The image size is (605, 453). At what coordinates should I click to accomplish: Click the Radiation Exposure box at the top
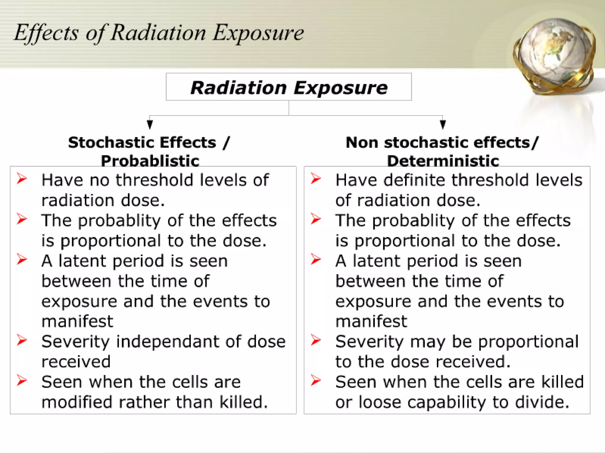click(289, 87)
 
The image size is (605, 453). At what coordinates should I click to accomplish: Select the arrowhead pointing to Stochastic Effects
click(150, 124)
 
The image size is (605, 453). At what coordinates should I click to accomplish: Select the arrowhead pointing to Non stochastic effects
click(443, 124)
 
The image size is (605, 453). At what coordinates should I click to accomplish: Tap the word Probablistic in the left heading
click(150, 161)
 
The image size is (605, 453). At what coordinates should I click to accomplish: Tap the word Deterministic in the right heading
click(443, 161)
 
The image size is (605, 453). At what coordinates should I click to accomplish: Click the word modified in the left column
click(77, 402)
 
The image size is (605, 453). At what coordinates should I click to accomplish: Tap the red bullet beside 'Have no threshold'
click(22, 178)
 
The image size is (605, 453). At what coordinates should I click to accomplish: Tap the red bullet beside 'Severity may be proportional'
click(316, 340)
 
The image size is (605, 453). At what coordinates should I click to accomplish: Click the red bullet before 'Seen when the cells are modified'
click(22, 380)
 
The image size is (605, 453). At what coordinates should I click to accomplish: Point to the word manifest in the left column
click(77, 321)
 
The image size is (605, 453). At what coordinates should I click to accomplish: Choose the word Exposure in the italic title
click(258, 33)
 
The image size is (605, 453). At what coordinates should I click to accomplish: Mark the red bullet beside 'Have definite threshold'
click(316, 178)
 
